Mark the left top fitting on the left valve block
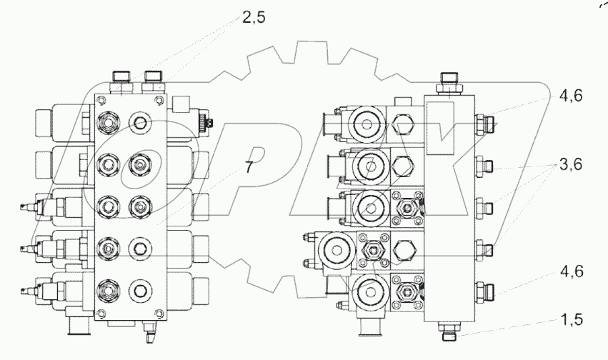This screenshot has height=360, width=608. tap(121, 77)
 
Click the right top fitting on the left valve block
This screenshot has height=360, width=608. tap(152, 77)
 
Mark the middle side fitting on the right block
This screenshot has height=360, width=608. tap(485, 207)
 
